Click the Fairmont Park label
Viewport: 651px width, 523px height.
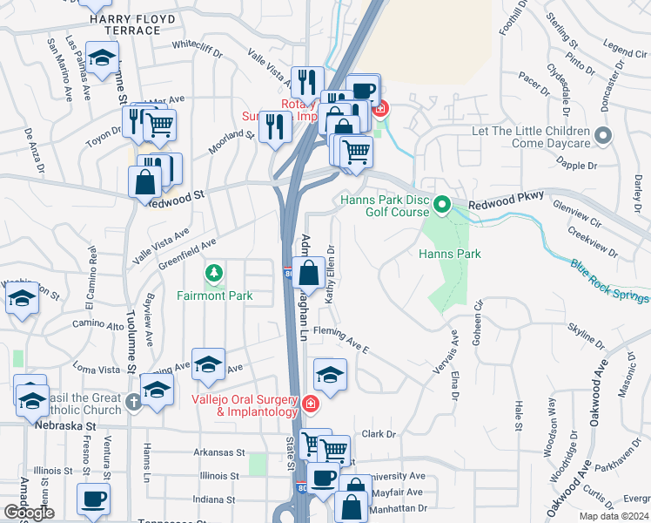214,295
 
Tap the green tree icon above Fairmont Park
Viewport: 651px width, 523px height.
214,275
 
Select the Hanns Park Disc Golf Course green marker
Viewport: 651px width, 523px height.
442,206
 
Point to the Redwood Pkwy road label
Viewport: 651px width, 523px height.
502,203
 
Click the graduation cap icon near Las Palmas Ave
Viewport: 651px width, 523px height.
103,58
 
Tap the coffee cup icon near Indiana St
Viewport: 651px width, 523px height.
93,499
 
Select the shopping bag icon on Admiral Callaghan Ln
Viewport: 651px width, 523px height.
309,273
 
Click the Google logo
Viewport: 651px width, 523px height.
29,513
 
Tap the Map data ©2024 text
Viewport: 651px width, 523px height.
614,516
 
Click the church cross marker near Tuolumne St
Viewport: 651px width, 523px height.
132,402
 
